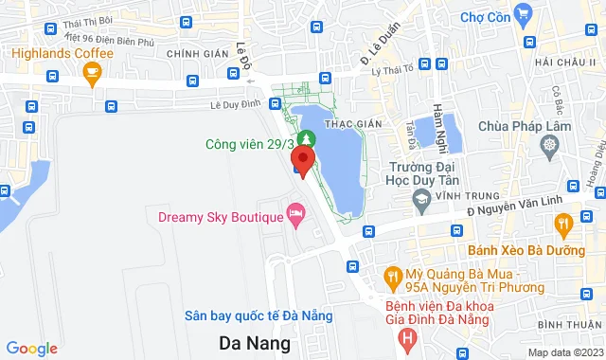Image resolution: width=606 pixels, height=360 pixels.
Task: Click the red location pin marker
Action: click(x=303, y=161)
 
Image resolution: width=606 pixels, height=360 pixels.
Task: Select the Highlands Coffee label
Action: click(x=62, y=53)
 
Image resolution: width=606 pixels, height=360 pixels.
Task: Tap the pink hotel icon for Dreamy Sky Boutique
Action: click(x=296, y=214)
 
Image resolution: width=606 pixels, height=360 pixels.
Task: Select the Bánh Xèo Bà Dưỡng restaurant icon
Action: click(x=564, y=224)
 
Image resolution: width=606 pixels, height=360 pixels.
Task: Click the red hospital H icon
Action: click(x=407, y=335)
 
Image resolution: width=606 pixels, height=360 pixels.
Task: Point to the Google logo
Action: click(x=31, y=349)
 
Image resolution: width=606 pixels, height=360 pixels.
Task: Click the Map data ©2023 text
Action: click(x=564, y=352)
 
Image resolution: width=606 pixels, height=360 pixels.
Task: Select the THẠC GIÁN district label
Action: click(x=346, y=124)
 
